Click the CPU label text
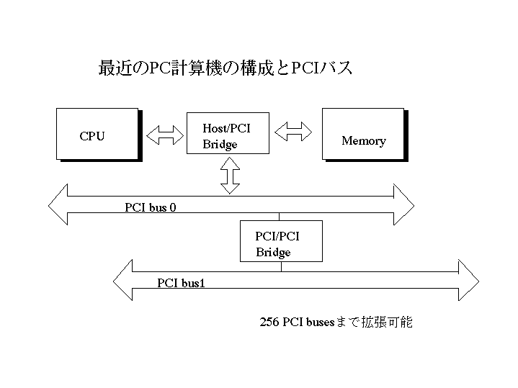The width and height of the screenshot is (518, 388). click(91, 136)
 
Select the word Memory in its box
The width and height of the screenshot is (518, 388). click(363, 141)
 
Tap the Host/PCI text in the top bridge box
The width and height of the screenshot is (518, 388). click(226, 128)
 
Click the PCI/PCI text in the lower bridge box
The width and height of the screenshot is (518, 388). click(277, 236)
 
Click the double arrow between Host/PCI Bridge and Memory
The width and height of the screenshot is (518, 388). click(293, 131)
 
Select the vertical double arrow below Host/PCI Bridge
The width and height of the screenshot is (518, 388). click(230, 175)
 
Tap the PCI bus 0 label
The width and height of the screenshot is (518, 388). click(151, 208)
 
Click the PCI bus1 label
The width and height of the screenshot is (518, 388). click(181, 282)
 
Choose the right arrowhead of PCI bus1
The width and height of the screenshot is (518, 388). click(469, 279)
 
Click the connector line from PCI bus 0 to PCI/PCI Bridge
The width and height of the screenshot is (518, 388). click(280, 217)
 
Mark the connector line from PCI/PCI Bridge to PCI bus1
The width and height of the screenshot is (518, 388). click(282, 267)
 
